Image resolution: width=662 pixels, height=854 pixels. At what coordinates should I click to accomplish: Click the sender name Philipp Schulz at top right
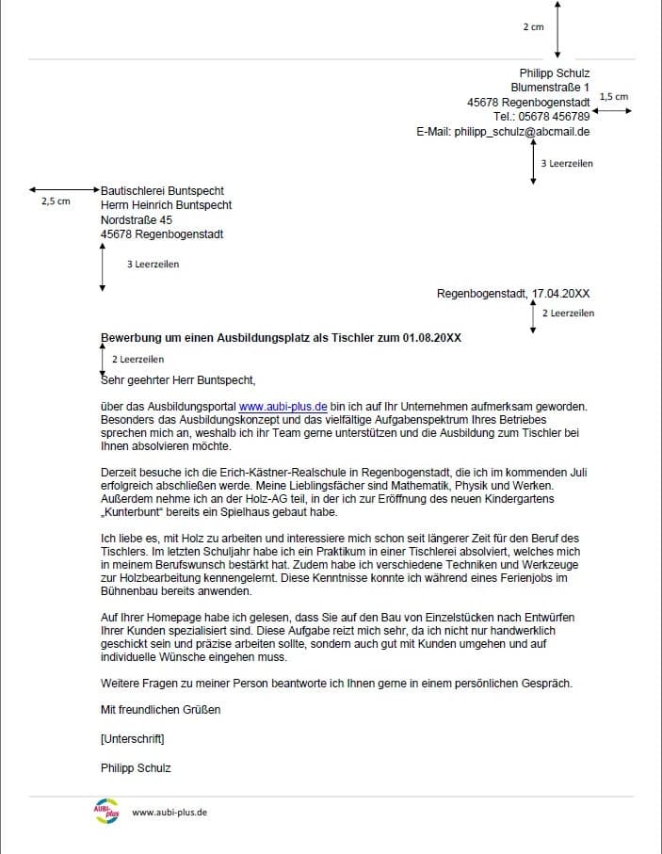tap(555, 73)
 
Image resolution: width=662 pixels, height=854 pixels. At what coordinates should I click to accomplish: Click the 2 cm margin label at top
tap(533, 27)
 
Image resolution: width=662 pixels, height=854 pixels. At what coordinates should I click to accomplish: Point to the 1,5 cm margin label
tap(613, 96)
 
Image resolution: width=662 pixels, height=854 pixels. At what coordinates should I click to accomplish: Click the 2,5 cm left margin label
tap(56, 201)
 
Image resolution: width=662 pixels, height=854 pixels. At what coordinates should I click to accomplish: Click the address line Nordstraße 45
tap(137, 220)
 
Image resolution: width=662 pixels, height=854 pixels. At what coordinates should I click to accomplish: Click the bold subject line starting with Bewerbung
tap(281, 337)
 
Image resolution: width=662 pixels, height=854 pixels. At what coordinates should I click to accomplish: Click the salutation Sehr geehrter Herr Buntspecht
tap(178, 381)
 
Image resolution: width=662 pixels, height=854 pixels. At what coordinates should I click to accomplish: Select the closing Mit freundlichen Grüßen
tap(160, 709)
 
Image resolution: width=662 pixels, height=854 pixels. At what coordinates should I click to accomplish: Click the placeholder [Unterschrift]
tap(132, 738)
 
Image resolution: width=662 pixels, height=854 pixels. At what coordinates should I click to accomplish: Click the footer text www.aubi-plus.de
tap(170, 812)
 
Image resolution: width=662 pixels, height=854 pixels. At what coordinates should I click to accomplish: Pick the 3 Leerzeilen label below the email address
tap(567, 163)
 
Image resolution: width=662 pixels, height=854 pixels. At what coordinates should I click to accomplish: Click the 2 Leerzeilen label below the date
tap(568, 313)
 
